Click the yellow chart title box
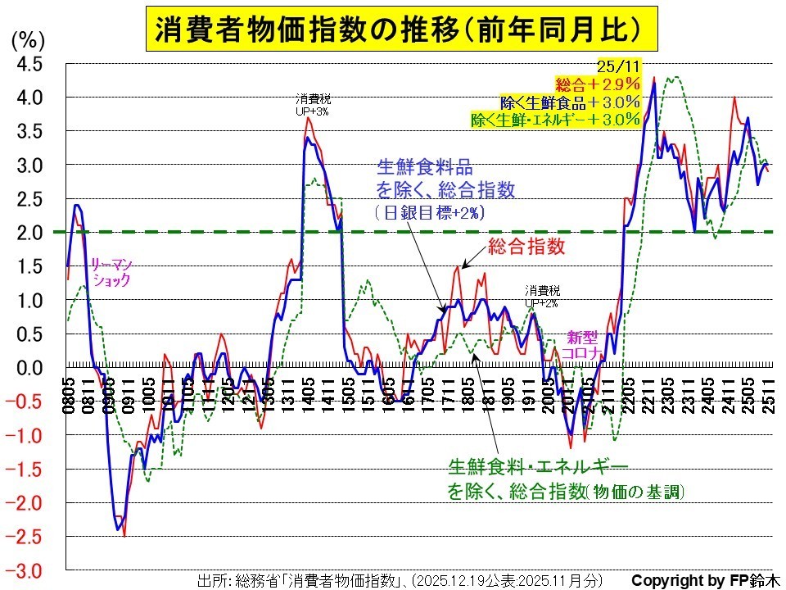(392, 30)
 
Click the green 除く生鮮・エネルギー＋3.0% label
(555, 120)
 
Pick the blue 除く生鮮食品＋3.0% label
(570, 102)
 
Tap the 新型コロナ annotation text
(586, 344)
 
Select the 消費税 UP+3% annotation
(314, 104)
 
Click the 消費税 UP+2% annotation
(542, 297)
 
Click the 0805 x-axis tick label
(69, 388)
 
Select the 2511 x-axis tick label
(770, 388)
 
